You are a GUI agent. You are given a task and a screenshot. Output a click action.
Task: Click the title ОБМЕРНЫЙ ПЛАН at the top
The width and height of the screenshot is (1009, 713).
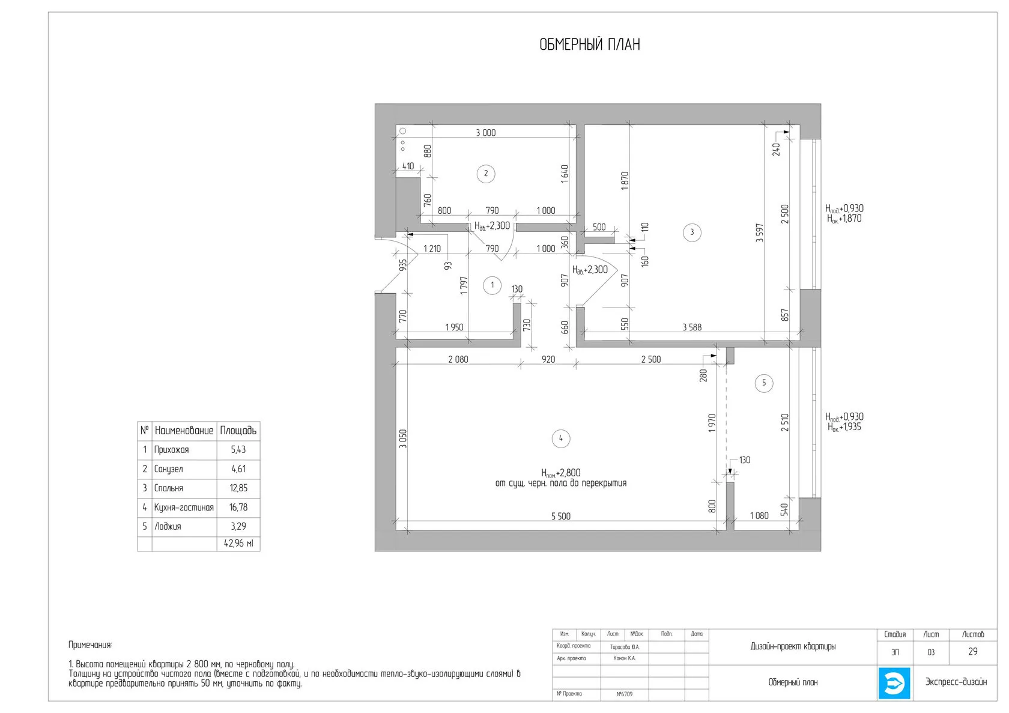pos(590,44)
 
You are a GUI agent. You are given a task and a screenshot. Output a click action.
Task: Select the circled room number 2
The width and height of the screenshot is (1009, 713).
pos(485,174)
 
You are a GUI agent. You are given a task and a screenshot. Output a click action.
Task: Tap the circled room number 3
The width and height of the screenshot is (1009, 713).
pos(692,232)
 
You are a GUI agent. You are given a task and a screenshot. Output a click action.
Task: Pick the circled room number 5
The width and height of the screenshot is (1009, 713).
pos(763,383)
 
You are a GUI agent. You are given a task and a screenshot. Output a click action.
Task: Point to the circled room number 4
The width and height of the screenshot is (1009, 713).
pos(561,438)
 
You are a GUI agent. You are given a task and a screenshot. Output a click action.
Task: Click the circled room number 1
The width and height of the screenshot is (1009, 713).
pos(492,285)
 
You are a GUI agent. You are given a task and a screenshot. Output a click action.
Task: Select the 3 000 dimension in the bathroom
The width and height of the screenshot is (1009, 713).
pos(485,133)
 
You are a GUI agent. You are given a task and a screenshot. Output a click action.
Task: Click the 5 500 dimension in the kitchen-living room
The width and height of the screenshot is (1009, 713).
pos(561,516)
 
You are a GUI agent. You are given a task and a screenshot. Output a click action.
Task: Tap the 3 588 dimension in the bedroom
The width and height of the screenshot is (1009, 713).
pos(692,327)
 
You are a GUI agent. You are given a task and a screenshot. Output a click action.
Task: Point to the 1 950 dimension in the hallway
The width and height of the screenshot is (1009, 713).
pos(454,327)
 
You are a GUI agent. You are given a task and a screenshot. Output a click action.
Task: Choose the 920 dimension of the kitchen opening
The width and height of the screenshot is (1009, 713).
pos(548,359)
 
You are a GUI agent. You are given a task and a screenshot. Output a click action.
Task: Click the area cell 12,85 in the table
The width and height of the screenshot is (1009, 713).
pos(238,488)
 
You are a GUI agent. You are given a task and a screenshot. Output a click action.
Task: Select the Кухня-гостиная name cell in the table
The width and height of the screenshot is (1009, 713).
pos(184,508)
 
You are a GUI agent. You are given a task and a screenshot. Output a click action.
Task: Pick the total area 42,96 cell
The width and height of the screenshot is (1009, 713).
pos(238,544)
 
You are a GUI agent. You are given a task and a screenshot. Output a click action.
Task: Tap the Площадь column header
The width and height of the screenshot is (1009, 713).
pos(238,431)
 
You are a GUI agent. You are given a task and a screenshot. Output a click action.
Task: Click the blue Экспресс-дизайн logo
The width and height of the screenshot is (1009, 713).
pos(894,684)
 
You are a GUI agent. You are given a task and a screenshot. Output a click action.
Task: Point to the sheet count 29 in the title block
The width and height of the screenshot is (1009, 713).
pos(973,652)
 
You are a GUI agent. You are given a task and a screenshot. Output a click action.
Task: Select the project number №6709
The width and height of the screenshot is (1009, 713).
pos(625,694)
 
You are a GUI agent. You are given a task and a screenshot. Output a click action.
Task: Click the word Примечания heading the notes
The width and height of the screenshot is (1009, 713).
pos(90,645)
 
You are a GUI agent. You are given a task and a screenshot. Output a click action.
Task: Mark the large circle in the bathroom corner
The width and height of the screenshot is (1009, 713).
pos(402,131)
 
